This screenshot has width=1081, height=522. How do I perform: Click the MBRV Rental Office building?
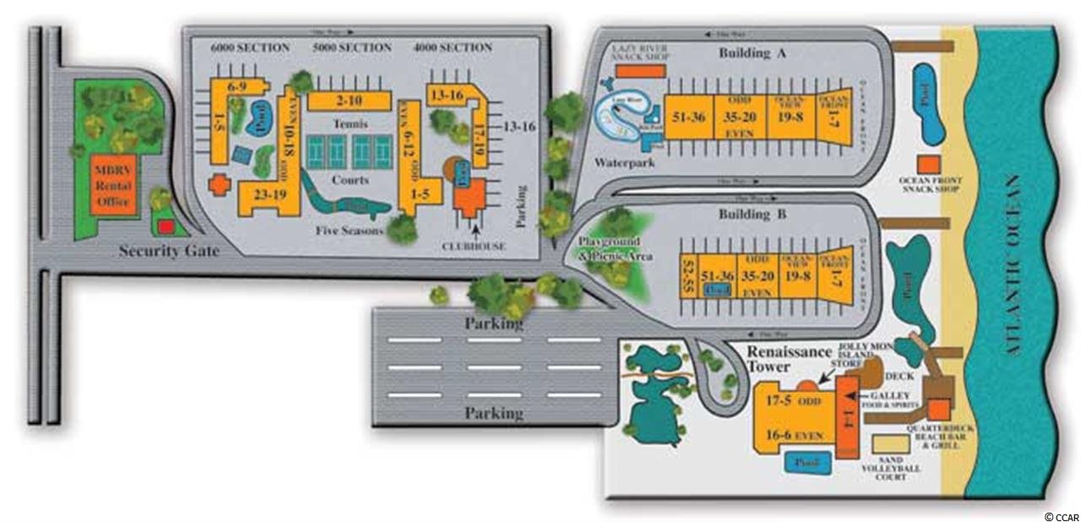tap(117, 185)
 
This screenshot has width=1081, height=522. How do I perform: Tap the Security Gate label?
tap(169, 251)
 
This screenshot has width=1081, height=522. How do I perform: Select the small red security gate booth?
tap(166, 226)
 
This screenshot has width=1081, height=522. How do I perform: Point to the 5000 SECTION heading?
tap(352, 47)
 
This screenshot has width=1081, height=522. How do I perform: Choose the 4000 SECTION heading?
tap(454, 47)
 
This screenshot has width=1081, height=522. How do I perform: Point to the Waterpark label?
tap(625, 162)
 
